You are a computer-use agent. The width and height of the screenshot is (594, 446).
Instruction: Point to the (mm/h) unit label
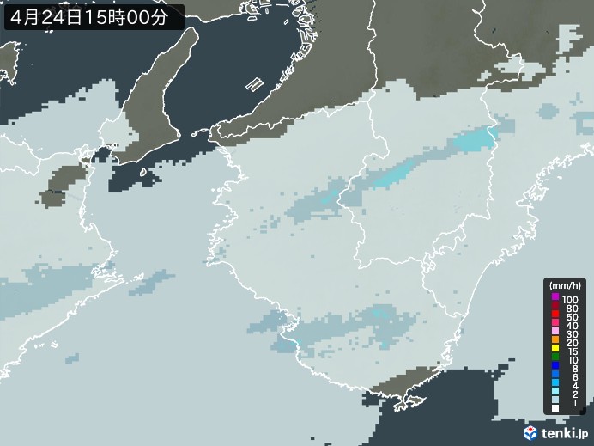(x=566, y=285)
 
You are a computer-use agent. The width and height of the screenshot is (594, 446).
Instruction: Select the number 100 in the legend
(x=570, y=299)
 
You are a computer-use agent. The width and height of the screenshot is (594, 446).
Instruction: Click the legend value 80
(x=570, y=309)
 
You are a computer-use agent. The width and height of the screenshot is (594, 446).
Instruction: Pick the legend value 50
(x=570, y=318)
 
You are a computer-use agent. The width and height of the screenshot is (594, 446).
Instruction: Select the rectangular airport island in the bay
(x=255, y=85)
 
